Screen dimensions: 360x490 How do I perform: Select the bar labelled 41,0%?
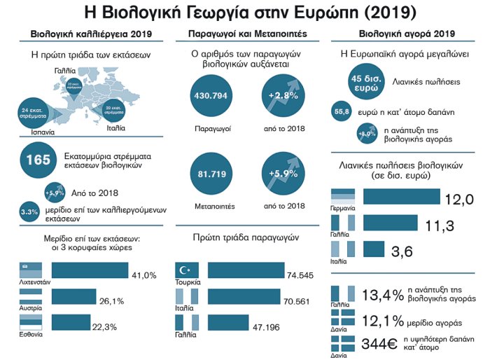[x=90, y=271]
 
